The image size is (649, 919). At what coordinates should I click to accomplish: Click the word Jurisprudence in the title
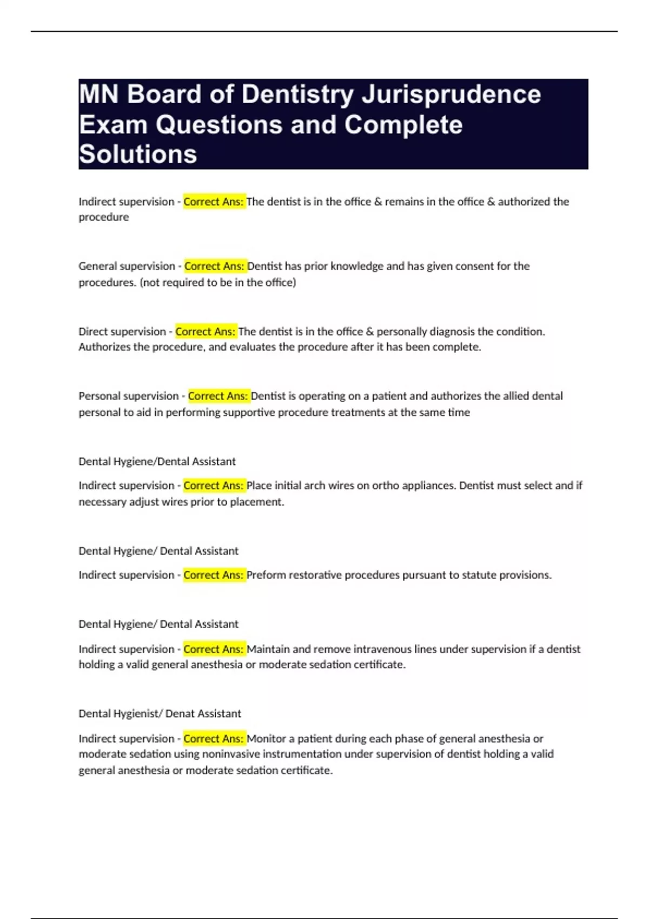(x=451, y=95)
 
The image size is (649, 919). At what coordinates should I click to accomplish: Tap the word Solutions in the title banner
(x=138, y=154)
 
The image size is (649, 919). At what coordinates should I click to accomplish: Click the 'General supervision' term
(x=127, y=266)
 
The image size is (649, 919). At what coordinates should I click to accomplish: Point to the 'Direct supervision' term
(x=122, y=331)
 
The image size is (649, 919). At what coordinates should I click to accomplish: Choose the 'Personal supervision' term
(x=129, y=396)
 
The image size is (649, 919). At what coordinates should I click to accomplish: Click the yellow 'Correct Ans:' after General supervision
(x=215, y=266)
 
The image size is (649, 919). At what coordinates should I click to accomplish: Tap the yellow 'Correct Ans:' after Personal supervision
(x=218, y=396)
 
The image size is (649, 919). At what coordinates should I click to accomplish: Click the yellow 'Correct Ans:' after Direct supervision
(x=206, y=331)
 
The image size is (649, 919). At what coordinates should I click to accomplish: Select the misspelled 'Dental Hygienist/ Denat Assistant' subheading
(x=160, y=714)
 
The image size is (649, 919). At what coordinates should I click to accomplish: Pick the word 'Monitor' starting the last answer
(x=266, y=738)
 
